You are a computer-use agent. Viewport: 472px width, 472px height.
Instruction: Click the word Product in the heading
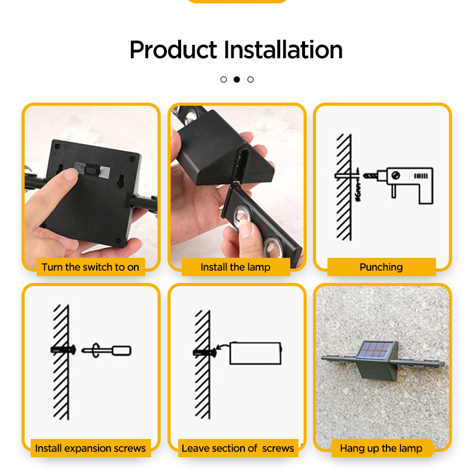coord(173,50)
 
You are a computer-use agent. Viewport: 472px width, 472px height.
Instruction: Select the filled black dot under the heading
coord(237,79)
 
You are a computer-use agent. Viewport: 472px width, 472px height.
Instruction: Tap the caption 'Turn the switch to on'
coord(90,267)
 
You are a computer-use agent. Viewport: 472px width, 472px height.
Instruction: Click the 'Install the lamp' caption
coord(235,267)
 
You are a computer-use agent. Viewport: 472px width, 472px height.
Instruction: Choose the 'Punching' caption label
coord(381,267)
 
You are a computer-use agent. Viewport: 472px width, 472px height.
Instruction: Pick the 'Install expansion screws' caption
coord(90,448)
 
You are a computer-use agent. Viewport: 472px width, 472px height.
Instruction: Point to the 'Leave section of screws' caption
coord(237,448)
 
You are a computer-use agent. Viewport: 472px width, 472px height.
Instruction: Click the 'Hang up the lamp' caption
coord(381,448)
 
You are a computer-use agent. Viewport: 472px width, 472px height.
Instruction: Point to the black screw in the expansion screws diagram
coord(64,350)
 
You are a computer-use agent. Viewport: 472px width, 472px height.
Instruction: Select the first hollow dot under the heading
coord(224,79)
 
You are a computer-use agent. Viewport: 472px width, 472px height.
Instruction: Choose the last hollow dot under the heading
coord(250,79)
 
